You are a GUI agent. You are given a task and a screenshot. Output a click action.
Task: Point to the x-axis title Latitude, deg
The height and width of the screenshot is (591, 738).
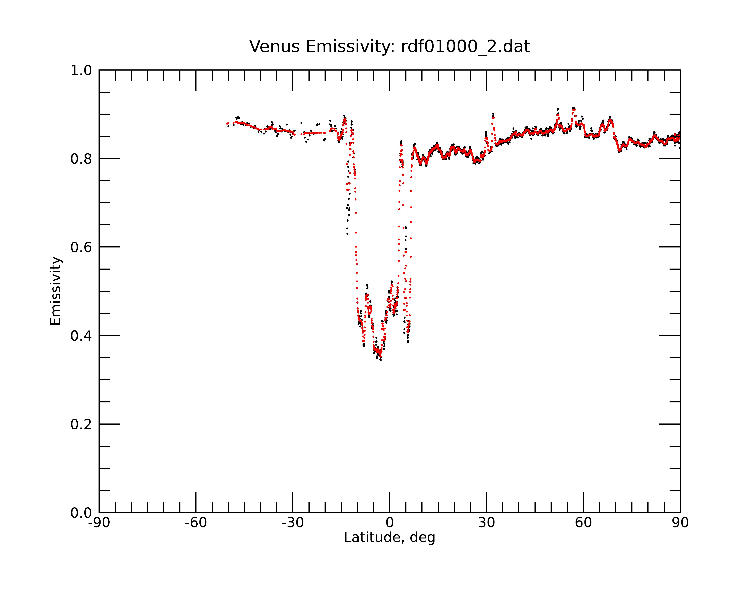point(389,538)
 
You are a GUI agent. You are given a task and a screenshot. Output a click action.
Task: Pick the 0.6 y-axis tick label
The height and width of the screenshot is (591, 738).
point(81,247)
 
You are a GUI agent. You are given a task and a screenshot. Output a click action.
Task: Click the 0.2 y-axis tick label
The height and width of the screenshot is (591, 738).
point(81,424)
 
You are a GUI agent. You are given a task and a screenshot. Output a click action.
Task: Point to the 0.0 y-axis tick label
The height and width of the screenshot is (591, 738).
point(81,513)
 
